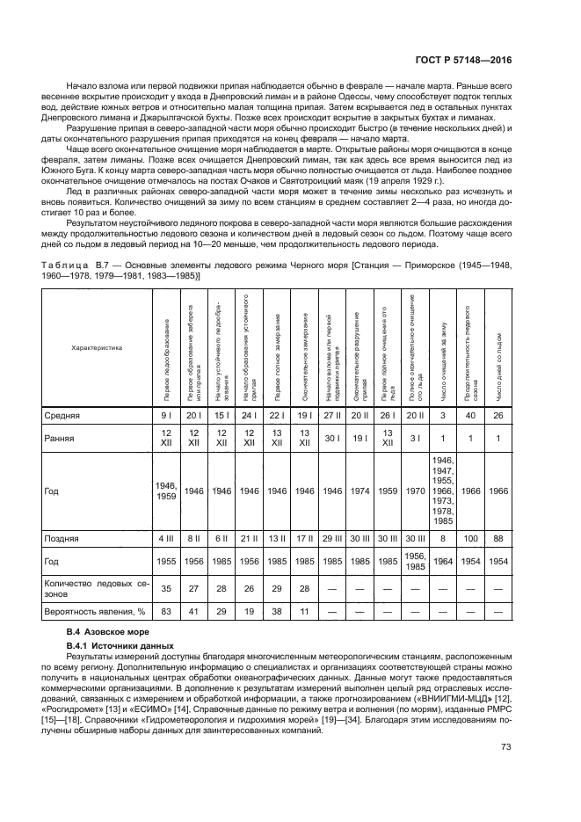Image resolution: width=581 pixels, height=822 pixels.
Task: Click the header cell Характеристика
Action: [x=98, y=347]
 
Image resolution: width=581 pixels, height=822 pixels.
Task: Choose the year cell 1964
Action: [x=443, y=561]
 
